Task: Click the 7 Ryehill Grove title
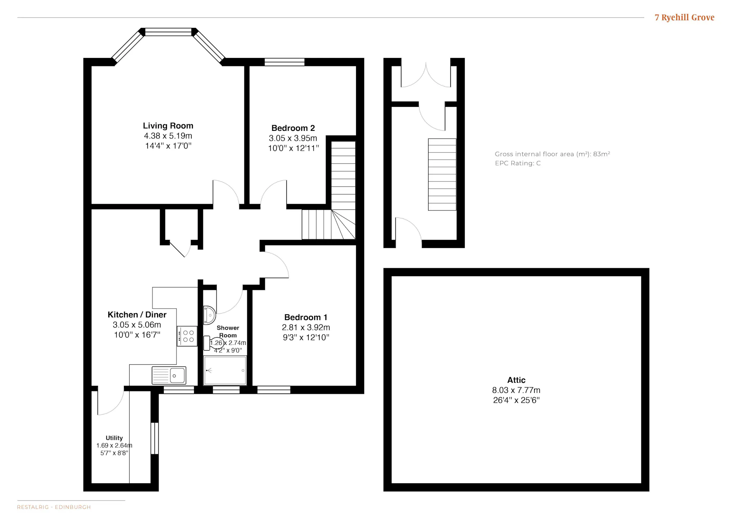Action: (x=684, y=18)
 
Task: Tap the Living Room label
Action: (x=168, y=126)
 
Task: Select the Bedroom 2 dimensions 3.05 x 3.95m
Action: (x=293, y=138)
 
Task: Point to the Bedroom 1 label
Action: (x=306, y=317)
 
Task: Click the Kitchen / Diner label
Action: (x=137, y=315)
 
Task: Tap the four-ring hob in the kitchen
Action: (x=187, y=336)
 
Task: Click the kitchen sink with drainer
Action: (x=169, y=375)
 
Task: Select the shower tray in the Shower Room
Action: (x=225, y=370)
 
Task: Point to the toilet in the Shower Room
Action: (x=213, y=343)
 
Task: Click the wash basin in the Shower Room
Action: (x=209, y=315)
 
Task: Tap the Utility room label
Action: (x=114, y=438)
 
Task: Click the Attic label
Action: (x=516, y=380)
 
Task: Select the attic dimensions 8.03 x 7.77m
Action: (x=516, y=390)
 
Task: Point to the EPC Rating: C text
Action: (x=518, y=163)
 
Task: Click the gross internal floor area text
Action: (x=552, y=154)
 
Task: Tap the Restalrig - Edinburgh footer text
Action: (x=54, y=507)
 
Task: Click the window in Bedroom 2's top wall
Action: (x=285, y=62)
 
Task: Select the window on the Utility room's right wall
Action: (x=154, y=438)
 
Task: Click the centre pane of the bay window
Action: (x=168, y=32)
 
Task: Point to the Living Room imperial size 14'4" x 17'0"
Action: (x=168, y=146)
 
